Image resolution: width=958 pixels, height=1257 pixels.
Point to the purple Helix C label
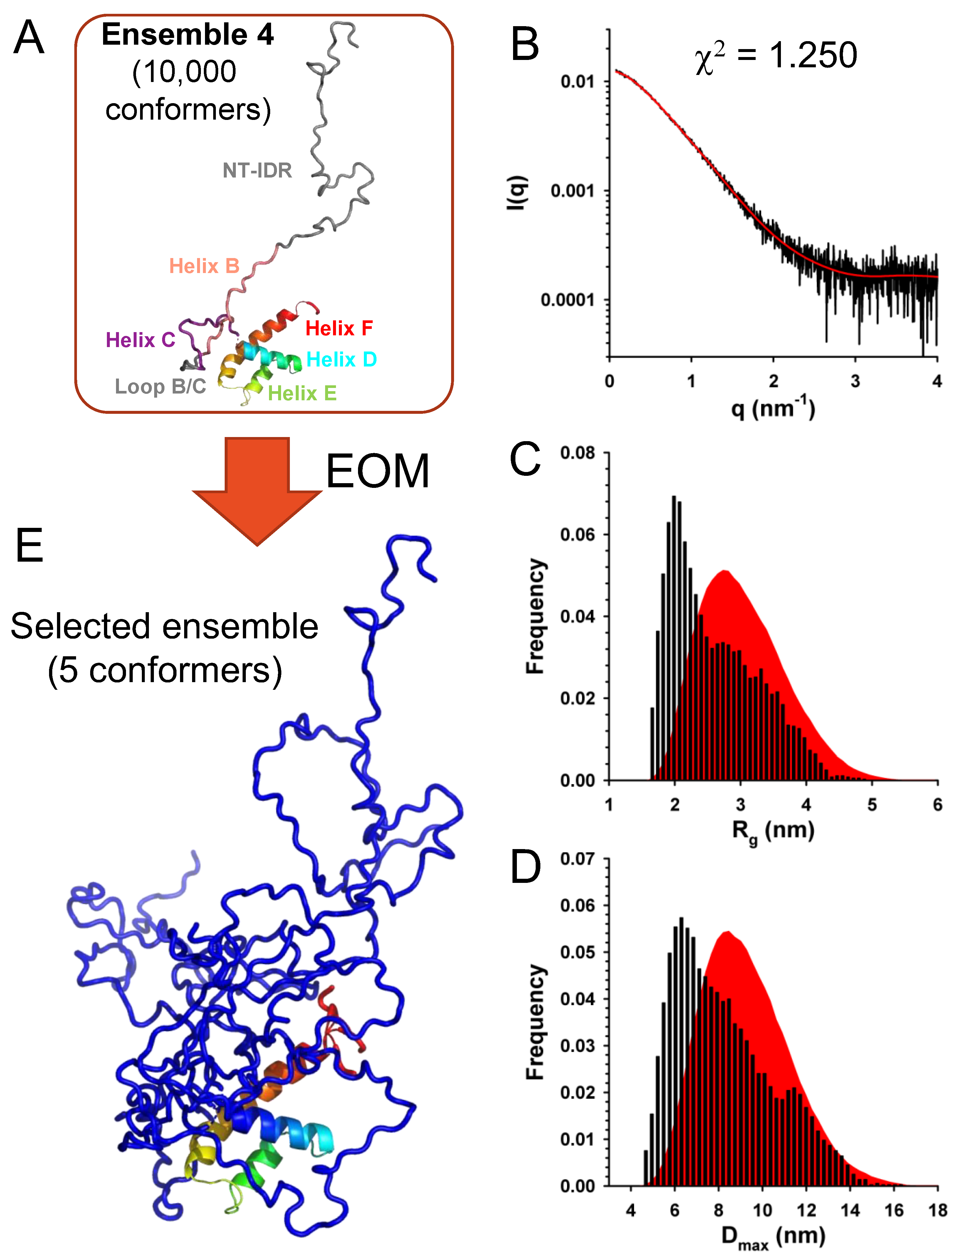click(140, 340)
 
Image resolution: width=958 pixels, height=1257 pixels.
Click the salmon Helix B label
click(204, 266)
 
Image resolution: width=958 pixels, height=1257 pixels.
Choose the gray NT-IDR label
click(257, 170)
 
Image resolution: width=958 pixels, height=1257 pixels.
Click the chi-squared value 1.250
click(813, 55)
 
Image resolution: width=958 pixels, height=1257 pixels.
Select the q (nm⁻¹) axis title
click(773, 409)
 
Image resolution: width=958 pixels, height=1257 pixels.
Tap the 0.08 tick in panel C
click(577, 453)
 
